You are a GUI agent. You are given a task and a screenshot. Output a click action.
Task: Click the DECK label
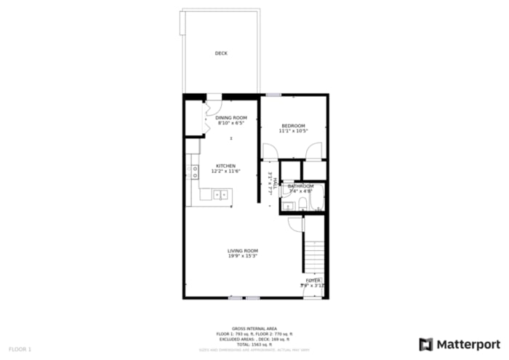[221, 54]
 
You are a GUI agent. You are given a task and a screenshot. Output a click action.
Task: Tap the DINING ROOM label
[231, 118]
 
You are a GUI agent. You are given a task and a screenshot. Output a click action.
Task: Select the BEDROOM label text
[293, 126]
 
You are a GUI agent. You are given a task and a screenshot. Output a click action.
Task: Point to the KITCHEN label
[225, 166]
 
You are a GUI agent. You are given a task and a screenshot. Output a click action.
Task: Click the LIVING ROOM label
[242, 251]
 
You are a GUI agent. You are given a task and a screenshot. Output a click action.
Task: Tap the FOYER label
[313, 280]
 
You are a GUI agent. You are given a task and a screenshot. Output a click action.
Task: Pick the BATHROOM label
[300, 186]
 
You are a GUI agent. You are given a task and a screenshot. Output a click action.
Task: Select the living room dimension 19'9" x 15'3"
[242, 256]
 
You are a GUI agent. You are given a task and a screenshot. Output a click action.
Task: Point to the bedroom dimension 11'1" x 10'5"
[294, 131]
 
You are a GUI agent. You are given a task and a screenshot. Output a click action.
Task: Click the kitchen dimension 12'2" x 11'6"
[225, 171]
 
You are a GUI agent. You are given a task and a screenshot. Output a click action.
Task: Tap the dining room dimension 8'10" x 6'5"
[231, 123]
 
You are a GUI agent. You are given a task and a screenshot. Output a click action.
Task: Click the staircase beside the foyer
[313, 255]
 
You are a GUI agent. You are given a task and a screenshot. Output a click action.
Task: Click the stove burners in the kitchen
[193, 172]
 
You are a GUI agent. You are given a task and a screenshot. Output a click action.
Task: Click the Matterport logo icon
[426, 344]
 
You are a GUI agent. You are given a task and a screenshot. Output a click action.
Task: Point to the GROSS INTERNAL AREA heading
[254, 328]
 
